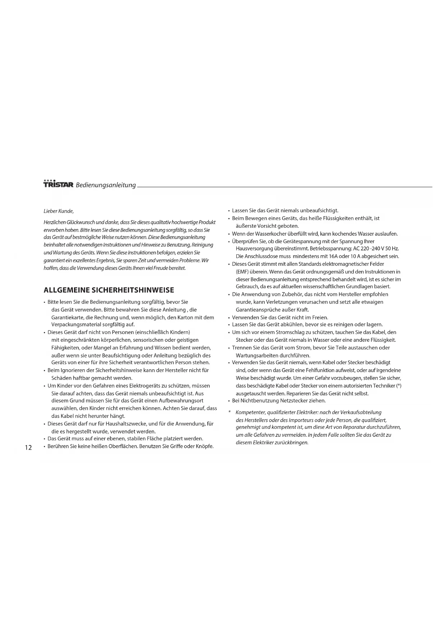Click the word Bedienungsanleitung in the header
coord(106,185)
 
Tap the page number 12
coord(28,448)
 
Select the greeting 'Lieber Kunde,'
coord(59,211)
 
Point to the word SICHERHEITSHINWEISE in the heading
coord(133,290)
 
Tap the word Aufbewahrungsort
coord(181,400)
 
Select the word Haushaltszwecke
coord(127,423)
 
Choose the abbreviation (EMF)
coord(243,272)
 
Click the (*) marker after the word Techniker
coord(399,385)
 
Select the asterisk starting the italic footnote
coord(229,412)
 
